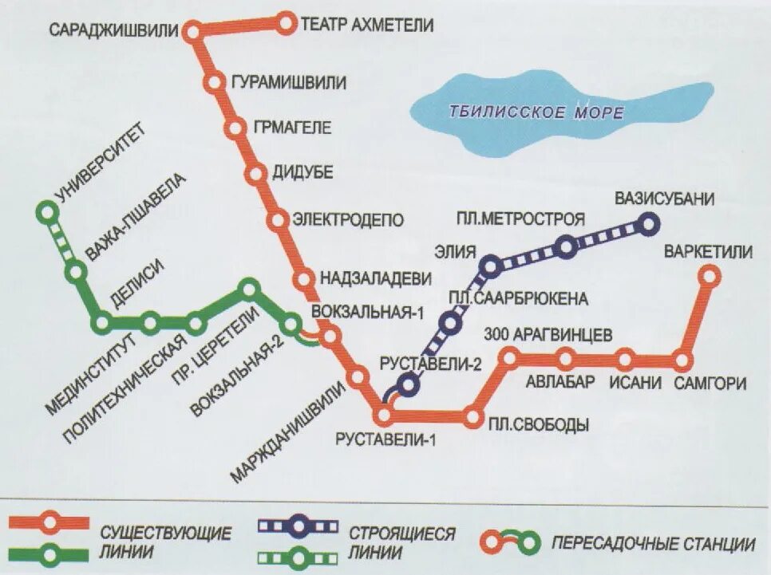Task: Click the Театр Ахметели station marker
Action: point(286,24)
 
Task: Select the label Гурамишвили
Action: point(288,82)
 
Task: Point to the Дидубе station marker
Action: point(256,173)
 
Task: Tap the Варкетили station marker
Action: point(708,277)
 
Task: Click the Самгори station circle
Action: point(682,360)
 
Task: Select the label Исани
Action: point(635,383)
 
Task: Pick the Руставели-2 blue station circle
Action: point(409,385)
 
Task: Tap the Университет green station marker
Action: point(48,212)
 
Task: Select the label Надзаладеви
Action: point(375,278)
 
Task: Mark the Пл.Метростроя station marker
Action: point(566,247)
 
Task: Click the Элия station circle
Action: point(491,264)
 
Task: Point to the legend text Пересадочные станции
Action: point(653,545)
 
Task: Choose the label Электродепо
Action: point(349,219)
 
